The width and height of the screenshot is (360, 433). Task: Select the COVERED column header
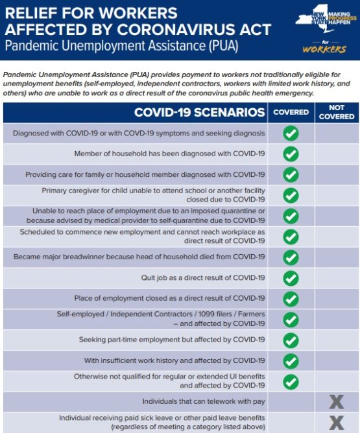[x=291, y=112]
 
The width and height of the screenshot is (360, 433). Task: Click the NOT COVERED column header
[x=337, y=112]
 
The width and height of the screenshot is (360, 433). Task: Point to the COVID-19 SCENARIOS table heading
[x=199, y=113]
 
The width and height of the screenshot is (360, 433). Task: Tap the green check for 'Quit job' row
[x=291, y=278]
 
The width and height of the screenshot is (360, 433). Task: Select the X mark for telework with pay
[x=337, y=402]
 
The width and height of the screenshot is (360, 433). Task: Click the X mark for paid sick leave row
[x=337, y=423]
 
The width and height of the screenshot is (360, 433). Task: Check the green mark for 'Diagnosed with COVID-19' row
[x=291, y=134]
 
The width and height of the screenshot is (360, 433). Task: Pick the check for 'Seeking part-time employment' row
[x=291, y=340]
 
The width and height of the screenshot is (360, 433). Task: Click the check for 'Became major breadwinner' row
[x=291, y=257]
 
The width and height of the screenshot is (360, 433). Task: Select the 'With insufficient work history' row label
[x=174, y=360]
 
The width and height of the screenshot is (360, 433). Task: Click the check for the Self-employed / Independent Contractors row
[x=291, y=319]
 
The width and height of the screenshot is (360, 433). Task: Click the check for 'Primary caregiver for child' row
[x=291, y=195]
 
